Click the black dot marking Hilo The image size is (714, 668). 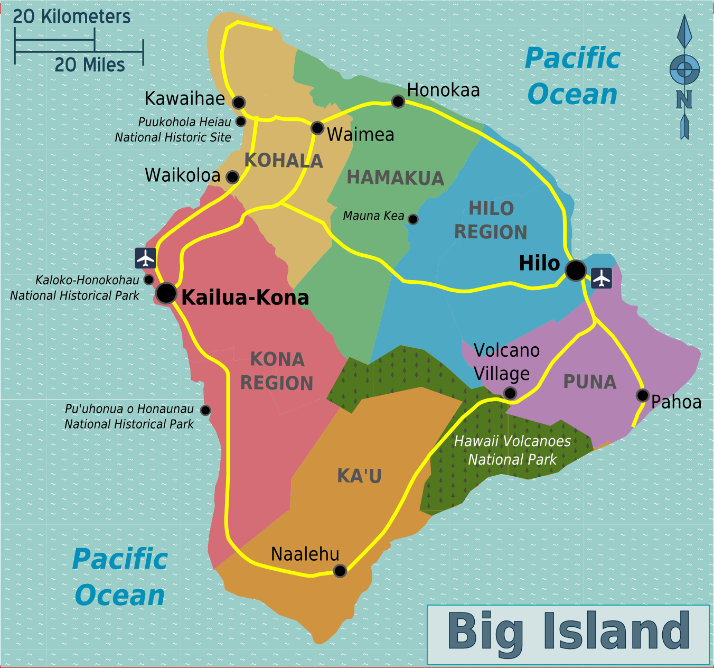(575, 270)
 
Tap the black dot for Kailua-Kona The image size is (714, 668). (166, 293)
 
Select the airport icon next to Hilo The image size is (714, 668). (601, 277)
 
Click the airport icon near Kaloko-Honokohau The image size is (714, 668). (145, 258)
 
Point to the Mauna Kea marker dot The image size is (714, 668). (413, 219)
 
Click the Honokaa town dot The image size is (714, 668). (398, 101)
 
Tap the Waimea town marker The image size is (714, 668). (317, 128)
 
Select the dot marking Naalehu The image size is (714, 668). (340, 571)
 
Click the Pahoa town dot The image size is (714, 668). (642, 395)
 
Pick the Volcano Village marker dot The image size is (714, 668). (510, 393)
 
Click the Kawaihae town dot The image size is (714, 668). (239, 102)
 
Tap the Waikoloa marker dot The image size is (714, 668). (232, 177)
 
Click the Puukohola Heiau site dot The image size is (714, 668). (241, 122)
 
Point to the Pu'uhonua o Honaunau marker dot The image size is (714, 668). (205, 410)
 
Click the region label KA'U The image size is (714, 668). (359, 476)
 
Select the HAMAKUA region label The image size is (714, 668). (395, 178)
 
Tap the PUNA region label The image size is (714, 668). (590, 382)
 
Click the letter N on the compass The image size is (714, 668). (684, 99)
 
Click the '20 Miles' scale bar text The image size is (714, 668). (90, 65)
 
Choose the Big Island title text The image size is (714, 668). (568, 632)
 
